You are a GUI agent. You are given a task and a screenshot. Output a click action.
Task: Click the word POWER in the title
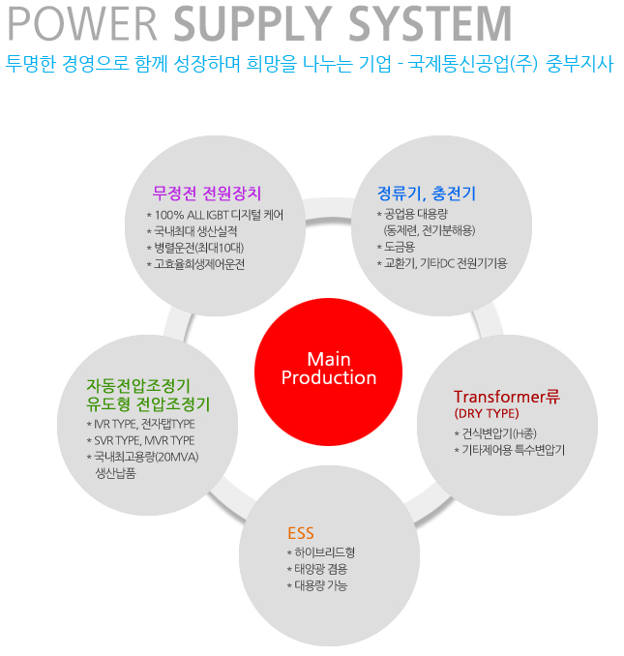[83, 24]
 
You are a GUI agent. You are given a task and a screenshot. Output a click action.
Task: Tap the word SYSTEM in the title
[431, 24]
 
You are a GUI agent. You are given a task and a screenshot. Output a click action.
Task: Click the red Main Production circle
[328, 372]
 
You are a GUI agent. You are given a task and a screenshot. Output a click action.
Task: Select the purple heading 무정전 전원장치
[207, 194]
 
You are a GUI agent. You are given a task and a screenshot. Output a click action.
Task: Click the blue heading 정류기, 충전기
[427, 194]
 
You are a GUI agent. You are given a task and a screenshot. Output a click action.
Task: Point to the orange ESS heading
[300, 533]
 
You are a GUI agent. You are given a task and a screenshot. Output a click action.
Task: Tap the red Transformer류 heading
[507, 397]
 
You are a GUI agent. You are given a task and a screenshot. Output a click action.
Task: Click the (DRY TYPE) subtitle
[487, 414]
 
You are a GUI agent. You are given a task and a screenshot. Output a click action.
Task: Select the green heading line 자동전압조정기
[138, 385]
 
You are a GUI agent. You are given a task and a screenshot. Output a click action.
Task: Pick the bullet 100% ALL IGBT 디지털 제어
[215, 215]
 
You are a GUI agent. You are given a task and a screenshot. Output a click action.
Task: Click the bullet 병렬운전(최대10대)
[195, 248]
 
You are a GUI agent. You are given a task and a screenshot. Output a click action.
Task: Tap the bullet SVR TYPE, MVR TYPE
[140, 440]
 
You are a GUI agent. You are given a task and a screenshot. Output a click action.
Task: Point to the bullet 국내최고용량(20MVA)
[142, 457]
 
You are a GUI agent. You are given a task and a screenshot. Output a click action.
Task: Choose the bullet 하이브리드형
[321, 552]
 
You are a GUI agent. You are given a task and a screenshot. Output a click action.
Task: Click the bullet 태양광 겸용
[317, 569]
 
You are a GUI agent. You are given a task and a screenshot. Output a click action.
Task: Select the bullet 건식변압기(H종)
[495, 433]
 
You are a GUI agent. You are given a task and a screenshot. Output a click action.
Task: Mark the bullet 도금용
[396, 247]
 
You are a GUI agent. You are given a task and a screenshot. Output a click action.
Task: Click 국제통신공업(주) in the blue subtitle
[473, 64]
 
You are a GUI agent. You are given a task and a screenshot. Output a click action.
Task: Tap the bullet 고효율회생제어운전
[195, 264]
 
